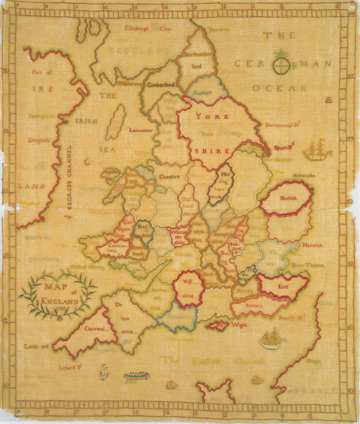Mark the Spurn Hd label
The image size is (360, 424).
click(284, 145)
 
